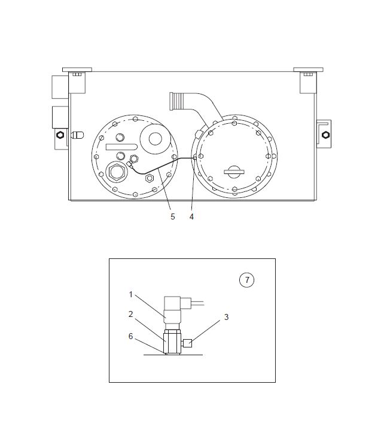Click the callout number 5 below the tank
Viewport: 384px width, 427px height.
click(x=173, y=216)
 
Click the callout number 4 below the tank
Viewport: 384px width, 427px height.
click(x=191, y=216)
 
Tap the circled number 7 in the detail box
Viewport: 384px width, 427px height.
click(x=247, y=280)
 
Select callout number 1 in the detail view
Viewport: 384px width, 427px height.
click(x=131, y=294)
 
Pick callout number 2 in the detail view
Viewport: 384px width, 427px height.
click(x=131, y=314)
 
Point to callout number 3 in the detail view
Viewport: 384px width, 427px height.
click(x=226, y=317)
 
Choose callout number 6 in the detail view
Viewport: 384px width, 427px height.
click(x=131, y=336)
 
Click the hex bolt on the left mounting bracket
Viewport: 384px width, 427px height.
click(x=60, y=135)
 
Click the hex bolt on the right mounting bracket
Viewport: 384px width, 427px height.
click(x=325, y=135)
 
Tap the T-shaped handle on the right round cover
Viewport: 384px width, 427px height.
click(x=234, y=172)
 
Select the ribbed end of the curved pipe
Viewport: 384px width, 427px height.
click(x=176, y=101)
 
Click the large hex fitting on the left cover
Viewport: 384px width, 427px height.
click(x=117, y=171)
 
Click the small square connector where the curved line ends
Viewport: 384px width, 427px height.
click(x=195, y=158)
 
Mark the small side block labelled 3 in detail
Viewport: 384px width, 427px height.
click(x=188, y=343)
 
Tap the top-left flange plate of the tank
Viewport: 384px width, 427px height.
click(x=77, y=70)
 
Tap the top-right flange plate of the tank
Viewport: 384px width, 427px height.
click(x=308, y=70)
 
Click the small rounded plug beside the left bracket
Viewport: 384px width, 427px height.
click(x=77, y=135)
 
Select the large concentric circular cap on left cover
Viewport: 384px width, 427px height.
click(x=156, y=139)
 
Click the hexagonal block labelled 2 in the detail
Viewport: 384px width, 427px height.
click(x=172, y=341)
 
